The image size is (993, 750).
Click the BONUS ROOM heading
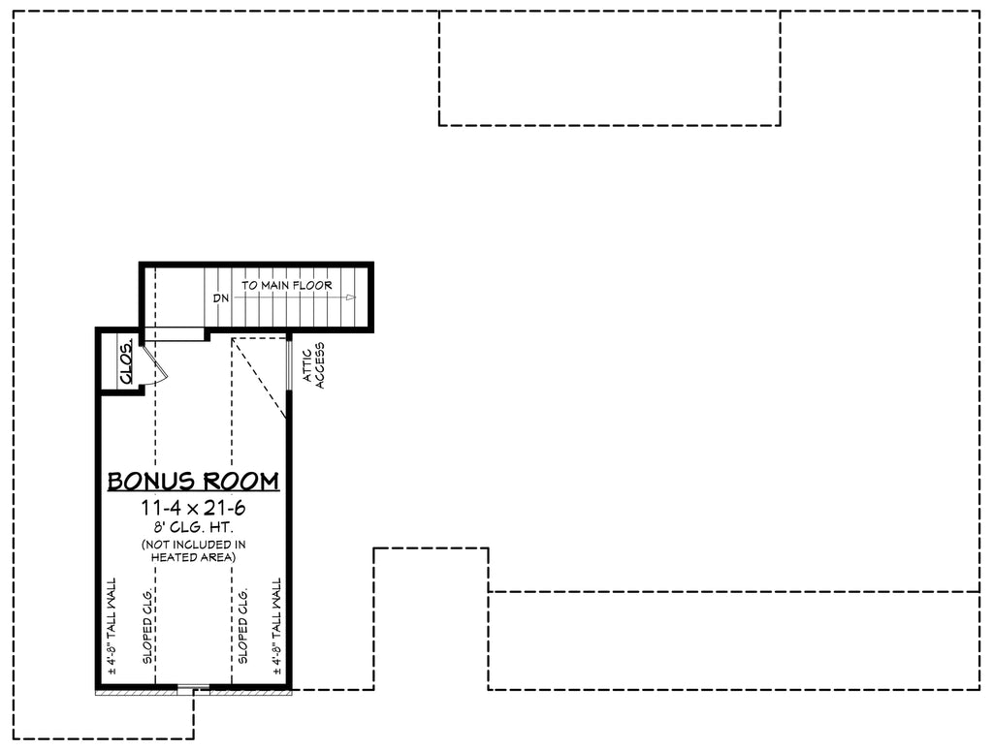coord(193,481)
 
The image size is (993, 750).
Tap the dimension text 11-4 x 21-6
coord(193,509)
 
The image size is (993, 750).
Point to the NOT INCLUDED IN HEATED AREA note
coord(193,550)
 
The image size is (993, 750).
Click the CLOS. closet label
coord(126,360)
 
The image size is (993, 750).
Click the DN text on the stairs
coord(221,298)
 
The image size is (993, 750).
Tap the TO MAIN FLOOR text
coord(287,286)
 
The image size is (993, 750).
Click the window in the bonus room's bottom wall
coord(193,690)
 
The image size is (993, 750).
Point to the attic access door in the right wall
coord(290,364)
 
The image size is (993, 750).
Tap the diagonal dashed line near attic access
coord(260,378)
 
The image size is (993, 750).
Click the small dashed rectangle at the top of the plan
coord(609,68)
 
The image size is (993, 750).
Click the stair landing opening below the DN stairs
coord(175,334)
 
